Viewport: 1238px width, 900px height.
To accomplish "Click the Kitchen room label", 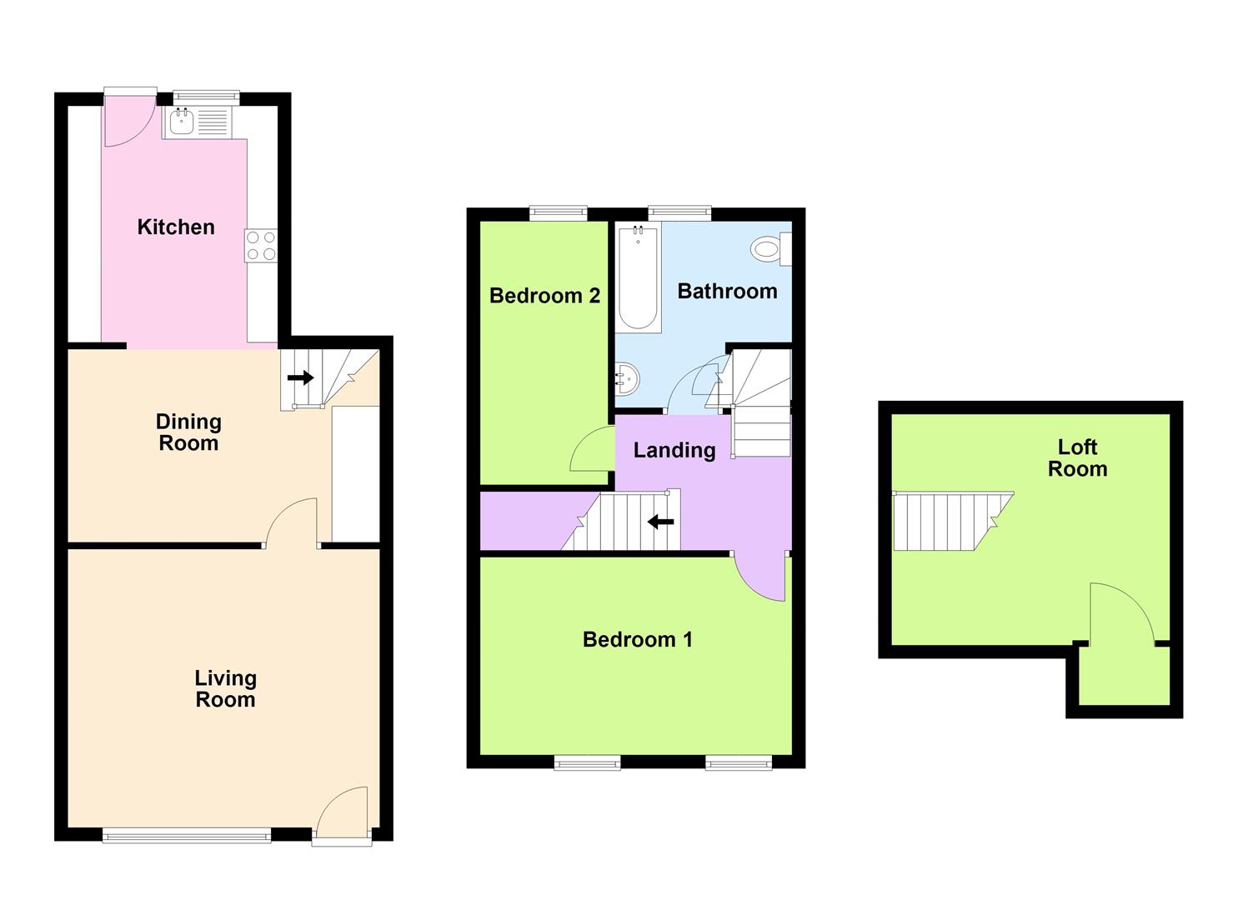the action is coord(176,227).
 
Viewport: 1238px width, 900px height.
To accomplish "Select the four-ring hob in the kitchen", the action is coord(261,246).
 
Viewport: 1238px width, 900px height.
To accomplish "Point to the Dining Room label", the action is coord(188,432).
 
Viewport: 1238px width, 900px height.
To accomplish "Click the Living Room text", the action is coord(225,688).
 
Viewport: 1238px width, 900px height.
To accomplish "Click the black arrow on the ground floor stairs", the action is coord(301,377).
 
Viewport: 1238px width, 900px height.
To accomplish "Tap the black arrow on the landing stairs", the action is coord(660,521).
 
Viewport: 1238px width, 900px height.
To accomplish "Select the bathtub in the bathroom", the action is coord(639,277).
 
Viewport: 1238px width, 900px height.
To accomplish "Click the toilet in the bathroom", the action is coord(770,249).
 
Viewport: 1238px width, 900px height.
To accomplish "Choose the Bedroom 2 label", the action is coord(544,296).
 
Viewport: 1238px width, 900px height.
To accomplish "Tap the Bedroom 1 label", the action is coord(637,639).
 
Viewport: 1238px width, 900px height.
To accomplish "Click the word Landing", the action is coord(674,450).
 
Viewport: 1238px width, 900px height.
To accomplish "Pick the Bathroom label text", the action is coord(727,291).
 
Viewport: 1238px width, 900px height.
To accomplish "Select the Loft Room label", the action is coord(1077,458).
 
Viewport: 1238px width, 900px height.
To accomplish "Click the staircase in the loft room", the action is coord(953,521).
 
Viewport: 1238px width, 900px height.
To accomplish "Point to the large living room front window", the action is coord(187,835).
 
